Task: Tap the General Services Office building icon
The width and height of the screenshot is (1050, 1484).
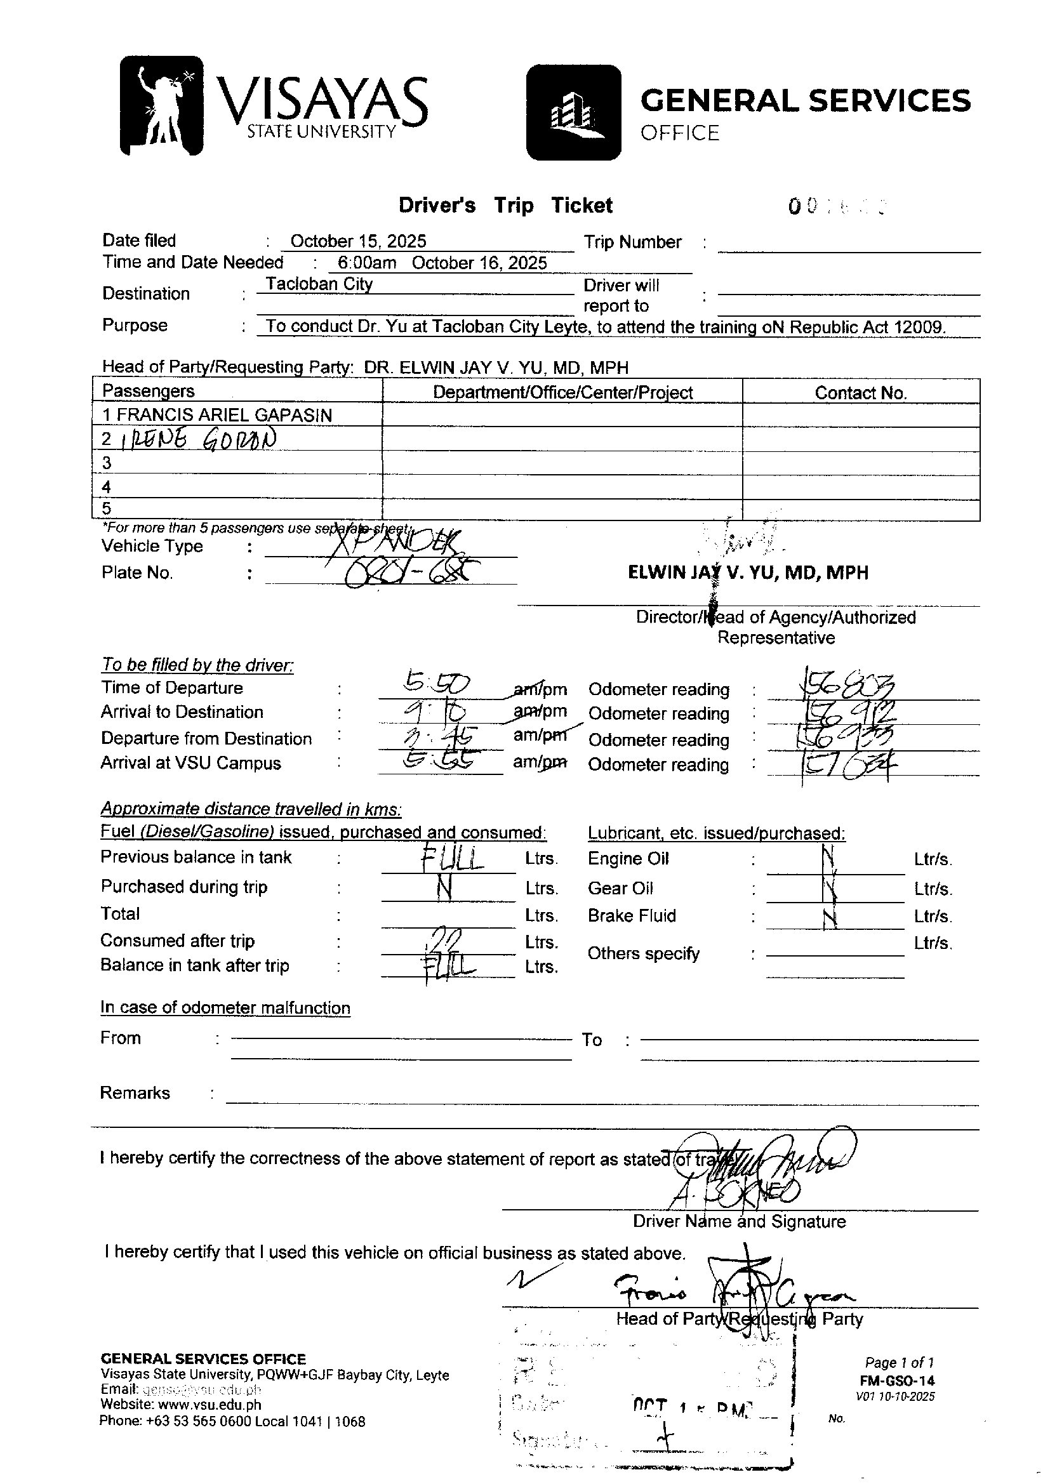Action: [573, 112]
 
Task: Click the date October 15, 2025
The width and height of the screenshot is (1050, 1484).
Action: [358, 242]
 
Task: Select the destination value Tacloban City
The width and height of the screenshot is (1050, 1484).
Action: [319, 284]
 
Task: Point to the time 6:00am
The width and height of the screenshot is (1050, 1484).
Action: [357, 263]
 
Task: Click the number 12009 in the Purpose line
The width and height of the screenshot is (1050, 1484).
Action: [919, 327]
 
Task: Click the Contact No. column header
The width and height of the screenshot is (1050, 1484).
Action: [861, 393]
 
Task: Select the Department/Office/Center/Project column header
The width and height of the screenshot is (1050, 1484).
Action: [562, 393]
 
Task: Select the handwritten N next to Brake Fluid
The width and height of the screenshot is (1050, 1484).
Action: [832, 917]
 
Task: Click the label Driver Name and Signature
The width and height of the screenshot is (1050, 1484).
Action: [739, 1222]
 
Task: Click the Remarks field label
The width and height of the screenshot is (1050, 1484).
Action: [135, 1093]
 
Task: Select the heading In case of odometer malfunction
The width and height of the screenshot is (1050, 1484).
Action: [225, 1008]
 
